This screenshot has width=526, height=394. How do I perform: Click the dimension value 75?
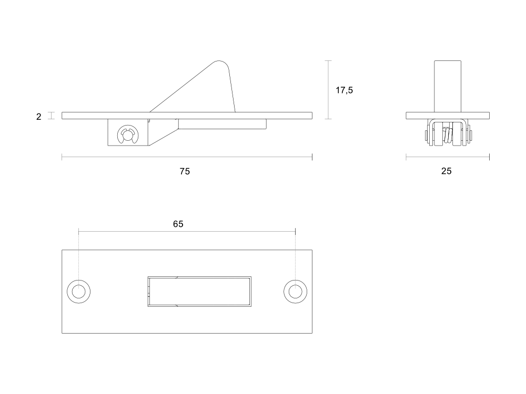[185, 172]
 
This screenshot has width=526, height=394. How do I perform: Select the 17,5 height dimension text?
[344, 90]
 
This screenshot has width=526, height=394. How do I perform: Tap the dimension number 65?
[178, 224]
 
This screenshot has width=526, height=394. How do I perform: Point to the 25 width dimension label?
[446, 171]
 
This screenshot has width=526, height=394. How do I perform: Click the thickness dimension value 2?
[39, 117]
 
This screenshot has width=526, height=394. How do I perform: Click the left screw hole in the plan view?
[79, 292]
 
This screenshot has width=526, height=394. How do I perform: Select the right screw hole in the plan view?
[295, 292]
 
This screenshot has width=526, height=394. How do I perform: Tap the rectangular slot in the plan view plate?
[199, 292]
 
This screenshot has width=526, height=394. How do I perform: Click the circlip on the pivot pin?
[127, 134]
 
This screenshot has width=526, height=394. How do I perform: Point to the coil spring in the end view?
[448, 136]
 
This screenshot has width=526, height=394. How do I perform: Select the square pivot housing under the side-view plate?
[128, 132]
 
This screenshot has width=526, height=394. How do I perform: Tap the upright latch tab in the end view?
[448, 87]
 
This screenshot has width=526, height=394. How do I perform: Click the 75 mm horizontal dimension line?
[187, 157]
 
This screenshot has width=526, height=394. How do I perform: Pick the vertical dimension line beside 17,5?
[328, 90]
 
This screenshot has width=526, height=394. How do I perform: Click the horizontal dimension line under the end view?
[448, 157]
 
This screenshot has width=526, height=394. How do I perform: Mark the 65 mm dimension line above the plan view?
[187, 231]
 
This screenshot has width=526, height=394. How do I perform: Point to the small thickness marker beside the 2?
[51, 116]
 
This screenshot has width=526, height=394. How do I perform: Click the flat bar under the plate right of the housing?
[222, 124]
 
